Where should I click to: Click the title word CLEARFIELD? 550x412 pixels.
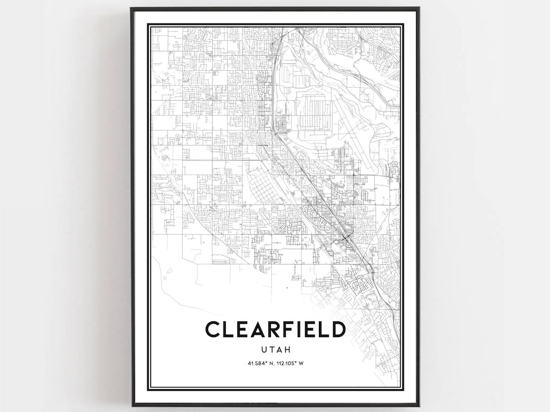point(275,329)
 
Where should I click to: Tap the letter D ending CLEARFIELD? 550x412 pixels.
point(338,329)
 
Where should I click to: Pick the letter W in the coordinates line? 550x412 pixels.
point(302,363)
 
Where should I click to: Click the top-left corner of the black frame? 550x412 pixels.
point(132,9)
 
